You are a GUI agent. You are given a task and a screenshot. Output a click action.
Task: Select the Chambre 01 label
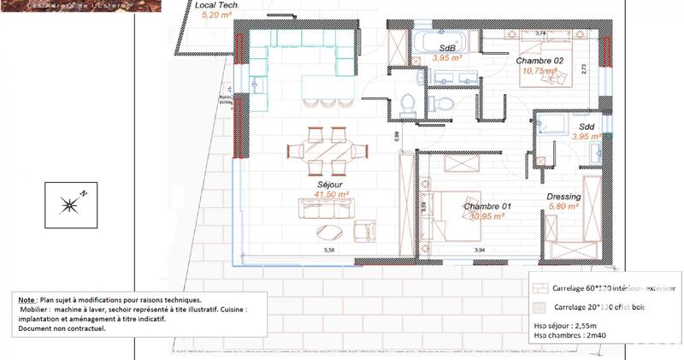[x=486, y=207]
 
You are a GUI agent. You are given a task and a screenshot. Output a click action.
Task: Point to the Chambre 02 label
[x=540, y=61]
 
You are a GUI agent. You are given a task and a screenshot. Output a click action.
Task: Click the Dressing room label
[x=563, y=197]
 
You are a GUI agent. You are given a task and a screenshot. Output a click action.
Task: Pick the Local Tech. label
[x=216, y=5]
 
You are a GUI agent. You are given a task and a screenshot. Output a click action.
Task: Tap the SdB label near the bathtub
[x=446, y=48]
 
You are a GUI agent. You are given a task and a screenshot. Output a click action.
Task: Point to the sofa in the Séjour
[x=326, y=208]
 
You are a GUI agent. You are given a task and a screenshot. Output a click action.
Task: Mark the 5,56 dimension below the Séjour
[x=327, y=251]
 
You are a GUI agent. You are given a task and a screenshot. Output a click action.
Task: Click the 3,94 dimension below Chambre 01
[x=480, y=251]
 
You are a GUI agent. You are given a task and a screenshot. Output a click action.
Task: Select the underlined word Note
[x=26, y=300]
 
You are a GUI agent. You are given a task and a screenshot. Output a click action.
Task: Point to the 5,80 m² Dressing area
[x=563, y=207]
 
